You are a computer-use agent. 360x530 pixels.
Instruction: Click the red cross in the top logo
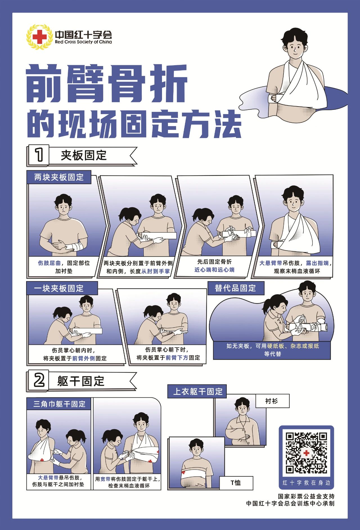pyautogui.click(x=40, y=37)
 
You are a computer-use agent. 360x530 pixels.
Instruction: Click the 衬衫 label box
pyautogui.click(x=272, y=401)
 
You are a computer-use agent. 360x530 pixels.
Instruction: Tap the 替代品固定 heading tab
pyautogui.click(x=236, y=288)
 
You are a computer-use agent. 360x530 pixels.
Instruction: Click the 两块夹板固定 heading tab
pyautogui.click(x=59, y=177)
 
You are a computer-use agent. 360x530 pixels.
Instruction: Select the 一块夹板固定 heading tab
pyautogui.click(x=62, y=288)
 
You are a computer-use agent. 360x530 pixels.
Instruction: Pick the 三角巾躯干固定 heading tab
pyautogui.click(x=59, y=404)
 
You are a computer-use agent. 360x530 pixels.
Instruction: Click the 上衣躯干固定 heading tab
pyautogui.click(x=197, y=391)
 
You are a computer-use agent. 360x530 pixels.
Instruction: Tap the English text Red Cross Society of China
pyautogui.click(x=84, y=42)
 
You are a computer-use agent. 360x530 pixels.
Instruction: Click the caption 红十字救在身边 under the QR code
pyautogui.click(x=306, y=483)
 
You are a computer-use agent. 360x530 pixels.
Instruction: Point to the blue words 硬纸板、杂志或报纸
pyautogui.click(x=293, y=346)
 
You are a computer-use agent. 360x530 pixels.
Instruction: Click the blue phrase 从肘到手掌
pyautogui.click(x=156, y=271)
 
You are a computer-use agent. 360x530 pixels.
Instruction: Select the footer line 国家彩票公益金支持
pyautogui.click(x=306, y=497)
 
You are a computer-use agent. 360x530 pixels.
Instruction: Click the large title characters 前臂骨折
pyautogui.click(x=107, y=84)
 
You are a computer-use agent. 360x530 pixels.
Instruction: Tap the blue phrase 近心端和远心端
pyautogui.click(x=214, y=270)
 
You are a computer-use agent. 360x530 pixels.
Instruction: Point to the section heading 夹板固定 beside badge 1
pyautogui.click(x=84, y=155)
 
